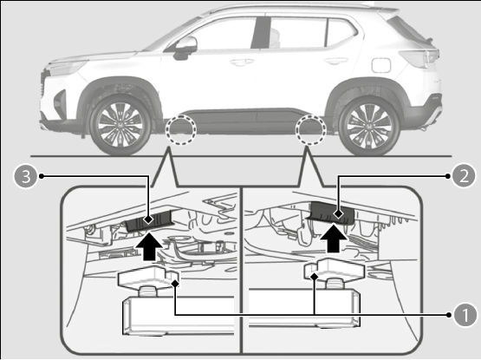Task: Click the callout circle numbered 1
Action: click(465, 315)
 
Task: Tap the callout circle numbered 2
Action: click(464, 176)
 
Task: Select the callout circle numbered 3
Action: click(26, 176)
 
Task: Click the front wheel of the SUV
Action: click(120, 125)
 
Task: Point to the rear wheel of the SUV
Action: click(368, 126)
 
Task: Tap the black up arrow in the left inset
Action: click(149, 246)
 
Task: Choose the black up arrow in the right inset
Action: click(334, 239)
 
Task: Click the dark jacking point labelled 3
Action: click(148, 221)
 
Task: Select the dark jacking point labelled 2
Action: click(331, 213)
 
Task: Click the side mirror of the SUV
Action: click(185, 48)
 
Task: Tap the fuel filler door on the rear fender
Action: click(381, 65)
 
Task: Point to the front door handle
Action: click(242, 62)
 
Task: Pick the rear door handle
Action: click(336, 61)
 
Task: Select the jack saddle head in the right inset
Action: click(335, 270)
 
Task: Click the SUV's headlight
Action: click(66, 68)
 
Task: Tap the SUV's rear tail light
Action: click(419, 58)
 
